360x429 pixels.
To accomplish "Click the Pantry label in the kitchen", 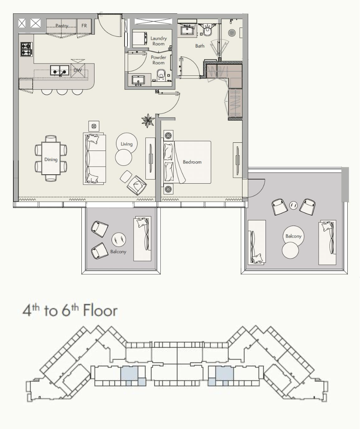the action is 62,26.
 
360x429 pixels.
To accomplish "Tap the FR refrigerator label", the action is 84,25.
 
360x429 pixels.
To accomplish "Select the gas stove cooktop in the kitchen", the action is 26,49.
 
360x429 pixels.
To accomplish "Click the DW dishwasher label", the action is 77,70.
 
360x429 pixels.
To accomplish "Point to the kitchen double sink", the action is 60,71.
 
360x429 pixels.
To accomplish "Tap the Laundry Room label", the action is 158,41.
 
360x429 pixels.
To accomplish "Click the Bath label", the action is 200,46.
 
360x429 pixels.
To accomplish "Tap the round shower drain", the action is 232,32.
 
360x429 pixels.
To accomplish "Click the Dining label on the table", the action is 51,159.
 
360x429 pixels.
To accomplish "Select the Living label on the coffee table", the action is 126,144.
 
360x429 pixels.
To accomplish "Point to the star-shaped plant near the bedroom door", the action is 148,120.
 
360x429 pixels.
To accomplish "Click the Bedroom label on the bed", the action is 192,162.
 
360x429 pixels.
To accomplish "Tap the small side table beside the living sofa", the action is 94,126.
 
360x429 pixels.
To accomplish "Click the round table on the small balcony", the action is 119,240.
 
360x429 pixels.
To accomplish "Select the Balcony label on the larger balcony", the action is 293,236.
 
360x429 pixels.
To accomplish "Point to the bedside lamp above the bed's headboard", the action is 168,135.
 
